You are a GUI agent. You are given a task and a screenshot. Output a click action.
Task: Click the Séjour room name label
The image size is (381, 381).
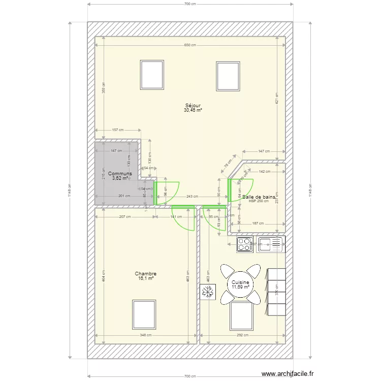point(193,105)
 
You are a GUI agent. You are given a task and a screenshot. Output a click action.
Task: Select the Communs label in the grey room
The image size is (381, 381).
point(120,174)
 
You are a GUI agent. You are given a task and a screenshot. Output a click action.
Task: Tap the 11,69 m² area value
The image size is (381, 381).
point(240,287)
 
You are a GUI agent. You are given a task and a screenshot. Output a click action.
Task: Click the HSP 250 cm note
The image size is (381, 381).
point(259,201)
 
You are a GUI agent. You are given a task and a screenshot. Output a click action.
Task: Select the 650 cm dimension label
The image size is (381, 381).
point(189,45)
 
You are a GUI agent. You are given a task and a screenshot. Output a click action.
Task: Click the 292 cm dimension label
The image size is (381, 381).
point(242,335)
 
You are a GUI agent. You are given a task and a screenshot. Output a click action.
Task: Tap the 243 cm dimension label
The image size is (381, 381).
point(192,197)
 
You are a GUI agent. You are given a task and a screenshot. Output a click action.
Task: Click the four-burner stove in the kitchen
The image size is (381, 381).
point(245,244)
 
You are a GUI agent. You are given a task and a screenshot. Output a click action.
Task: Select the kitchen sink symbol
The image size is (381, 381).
point(270,244)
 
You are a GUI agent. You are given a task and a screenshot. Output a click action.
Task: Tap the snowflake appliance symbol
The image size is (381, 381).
point(207,292)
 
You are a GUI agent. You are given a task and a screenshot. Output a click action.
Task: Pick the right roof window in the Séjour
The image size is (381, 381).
point(228,76)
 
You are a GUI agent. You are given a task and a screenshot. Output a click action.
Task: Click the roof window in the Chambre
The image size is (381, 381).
point(144,314)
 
